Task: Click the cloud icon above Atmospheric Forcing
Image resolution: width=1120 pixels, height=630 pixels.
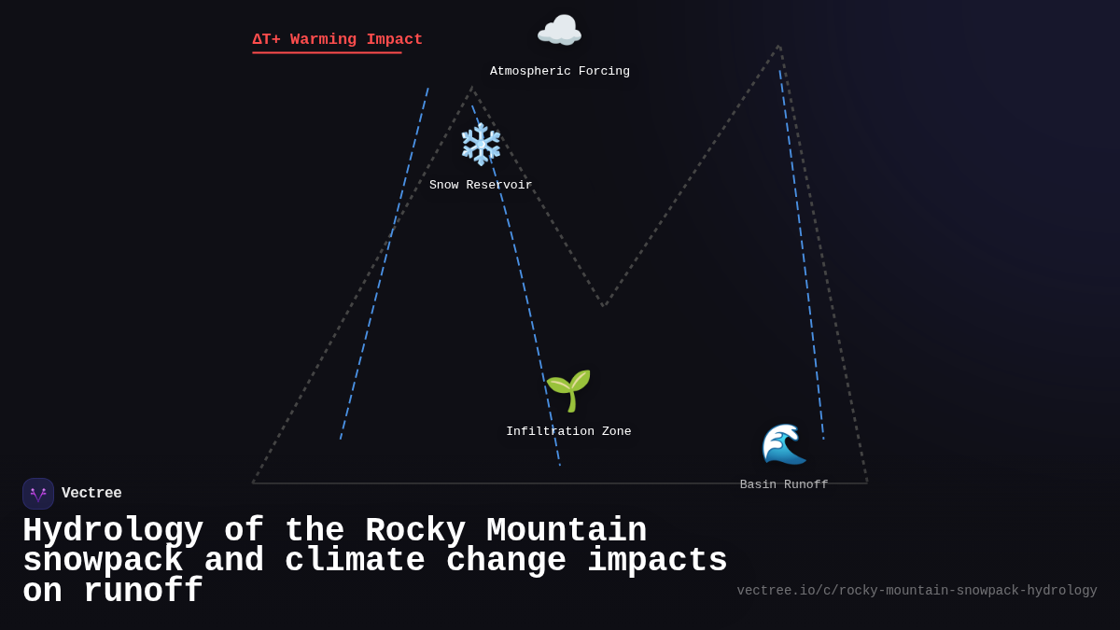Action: pos(559,32)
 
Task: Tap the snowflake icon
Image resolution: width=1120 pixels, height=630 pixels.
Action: pos(481,145)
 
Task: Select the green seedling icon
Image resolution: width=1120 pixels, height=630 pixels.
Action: pos(568,390)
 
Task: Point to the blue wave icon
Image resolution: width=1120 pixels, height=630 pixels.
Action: pos(783,444)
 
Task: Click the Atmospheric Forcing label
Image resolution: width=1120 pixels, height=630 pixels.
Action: pos(560,72)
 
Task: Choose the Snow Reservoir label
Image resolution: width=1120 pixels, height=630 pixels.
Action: pos(481,186)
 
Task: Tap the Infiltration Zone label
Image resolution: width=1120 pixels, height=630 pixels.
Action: pos(568,432)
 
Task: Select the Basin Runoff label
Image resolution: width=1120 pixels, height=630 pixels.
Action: pos(784,485)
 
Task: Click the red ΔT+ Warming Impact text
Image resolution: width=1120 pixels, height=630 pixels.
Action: pos(337,39)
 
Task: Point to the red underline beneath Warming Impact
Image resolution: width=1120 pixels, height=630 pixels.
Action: pos(327,53)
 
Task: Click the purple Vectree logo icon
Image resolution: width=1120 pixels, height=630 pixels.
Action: pos(38,494)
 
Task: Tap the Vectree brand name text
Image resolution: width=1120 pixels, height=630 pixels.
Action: pos(91,494)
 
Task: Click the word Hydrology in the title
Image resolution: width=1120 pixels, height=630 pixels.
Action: pos(113,531)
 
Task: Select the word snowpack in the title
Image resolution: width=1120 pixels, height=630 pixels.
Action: pos(103,561)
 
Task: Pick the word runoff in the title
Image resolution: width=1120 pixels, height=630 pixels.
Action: pos(143,592)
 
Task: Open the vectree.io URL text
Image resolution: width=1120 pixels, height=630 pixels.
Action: pos(917,591)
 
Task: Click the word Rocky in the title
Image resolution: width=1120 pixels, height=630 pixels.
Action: pos(415,531)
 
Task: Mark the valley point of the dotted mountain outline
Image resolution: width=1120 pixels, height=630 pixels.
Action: pos(604,305)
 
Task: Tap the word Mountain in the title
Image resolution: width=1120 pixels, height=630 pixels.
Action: pos(567,531)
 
